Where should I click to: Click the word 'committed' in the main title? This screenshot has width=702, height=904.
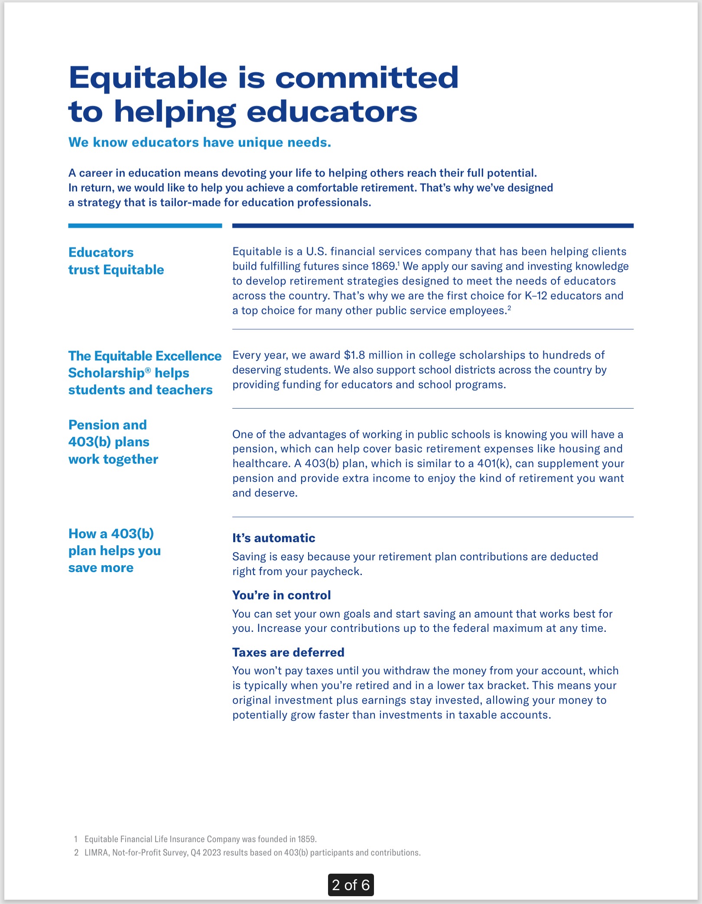367,78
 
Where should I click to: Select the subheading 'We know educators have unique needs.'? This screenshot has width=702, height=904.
200,142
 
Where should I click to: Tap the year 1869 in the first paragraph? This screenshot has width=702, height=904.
384,266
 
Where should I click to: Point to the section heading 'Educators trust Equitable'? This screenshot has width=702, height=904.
116,261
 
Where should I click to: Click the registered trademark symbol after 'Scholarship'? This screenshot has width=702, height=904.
148,370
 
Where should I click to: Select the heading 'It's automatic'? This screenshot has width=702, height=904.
273,538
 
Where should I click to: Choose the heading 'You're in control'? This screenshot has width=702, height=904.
281,595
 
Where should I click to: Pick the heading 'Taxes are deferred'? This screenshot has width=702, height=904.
288,652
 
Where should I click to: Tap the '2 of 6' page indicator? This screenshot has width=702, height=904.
351,884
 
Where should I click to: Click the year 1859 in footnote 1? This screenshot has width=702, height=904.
306,839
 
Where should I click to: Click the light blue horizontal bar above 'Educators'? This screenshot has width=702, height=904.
145,226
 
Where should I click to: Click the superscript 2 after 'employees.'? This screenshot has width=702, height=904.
509,308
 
